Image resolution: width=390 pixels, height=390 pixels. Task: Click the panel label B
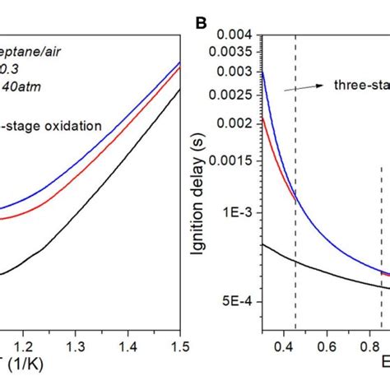[200, 14]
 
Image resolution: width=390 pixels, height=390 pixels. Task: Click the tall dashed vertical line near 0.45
[295, 206]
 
